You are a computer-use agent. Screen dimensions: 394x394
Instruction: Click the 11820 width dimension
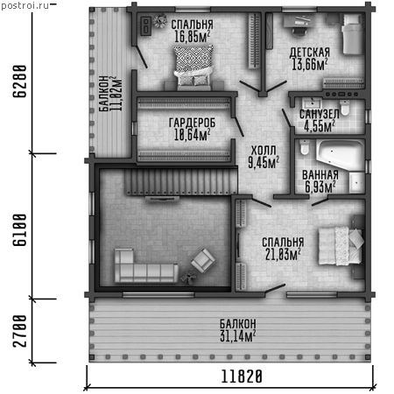point(242,376)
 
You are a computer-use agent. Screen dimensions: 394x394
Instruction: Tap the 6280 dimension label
point(20,81)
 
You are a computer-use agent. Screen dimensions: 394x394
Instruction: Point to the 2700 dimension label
point(20,331)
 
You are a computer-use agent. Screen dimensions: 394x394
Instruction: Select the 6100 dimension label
point(20,230)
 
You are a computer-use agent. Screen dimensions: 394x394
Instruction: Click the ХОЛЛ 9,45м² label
point(264,157)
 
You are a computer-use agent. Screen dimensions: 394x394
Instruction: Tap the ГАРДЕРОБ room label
point(192,123)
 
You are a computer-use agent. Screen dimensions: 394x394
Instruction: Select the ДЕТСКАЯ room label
point(310,53)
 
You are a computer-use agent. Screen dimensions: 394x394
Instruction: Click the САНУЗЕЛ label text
point(320,114)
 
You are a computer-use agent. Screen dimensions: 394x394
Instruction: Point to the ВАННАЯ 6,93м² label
point(320,181)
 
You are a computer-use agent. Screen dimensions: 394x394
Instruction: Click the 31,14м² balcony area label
point(238,336)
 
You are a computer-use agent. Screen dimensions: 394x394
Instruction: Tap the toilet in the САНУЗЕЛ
point(345,108)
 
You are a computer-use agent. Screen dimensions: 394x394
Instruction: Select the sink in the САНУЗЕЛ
point(312,104)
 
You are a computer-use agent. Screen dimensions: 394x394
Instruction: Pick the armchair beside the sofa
point(203,261)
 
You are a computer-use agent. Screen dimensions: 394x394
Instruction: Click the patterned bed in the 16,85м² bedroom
point(193,67)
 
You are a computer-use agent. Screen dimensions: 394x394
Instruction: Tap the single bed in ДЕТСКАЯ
point(353,34)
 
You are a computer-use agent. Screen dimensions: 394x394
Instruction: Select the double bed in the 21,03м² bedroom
point(341,246)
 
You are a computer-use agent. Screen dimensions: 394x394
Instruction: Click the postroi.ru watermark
point(25,5)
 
